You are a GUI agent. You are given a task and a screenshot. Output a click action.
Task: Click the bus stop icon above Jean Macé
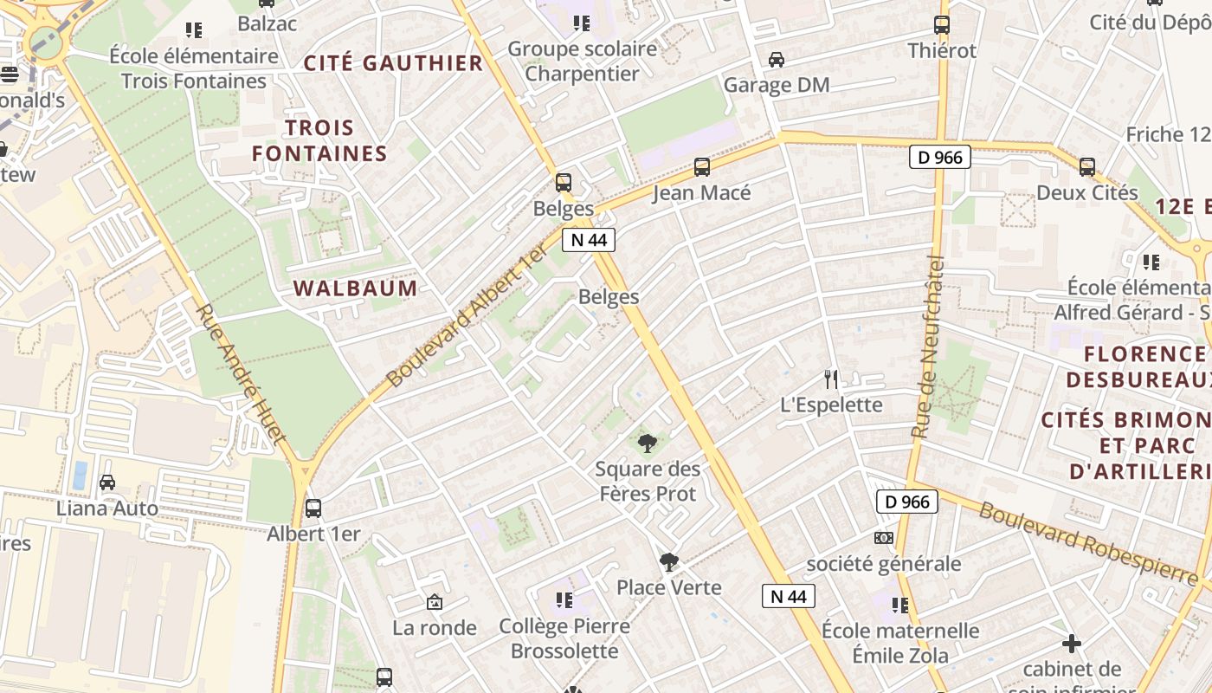point(702,166)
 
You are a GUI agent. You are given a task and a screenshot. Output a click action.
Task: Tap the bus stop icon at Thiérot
point(942,25)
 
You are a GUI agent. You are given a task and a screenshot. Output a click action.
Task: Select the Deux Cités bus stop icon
point(1087,166)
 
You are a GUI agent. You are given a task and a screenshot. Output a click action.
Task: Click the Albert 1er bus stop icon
point(313,508)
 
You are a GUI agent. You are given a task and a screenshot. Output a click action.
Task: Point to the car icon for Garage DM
point(777,60)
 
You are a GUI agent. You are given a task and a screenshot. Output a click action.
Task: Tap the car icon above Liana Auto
point(107,483)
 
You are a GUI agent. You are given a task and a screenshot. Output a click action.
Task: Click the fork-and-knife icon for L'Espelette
point(831,379)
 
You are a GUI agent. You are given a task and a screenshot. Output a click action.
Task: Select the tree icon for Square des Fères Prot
point(647,444)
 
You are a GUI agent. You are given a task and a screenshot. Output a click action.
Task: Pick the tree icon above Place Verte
point(668,562)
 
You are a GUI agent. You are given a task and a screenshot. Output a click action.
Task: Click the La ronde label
point(435,627)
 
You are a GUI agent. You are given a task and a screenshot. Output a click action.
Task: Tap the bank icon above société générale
point(883,538)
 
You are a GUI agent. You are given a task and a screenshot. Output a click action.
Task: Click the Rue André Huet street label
point(240,374)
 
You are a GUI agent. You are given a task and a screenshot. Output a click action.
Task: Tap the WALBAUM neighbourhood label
point(356,288)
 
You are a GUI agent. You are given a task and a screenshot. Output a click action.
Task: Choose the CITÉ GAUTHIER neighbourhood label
point(393,63)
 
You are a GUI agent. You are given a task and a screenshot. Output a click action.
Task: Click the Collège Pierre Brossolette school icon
point(564,599)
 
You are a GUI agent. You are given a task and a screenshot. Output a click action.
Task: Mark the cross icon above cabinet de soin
point(1072,644)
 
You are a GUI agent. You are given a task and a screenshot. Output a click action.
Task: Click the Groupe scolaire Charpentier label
point(582,62)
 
